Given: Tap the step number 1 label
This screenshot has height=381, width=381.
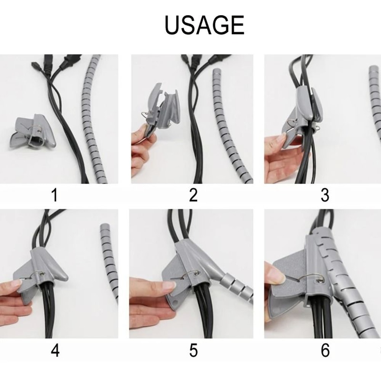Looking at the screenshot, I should (x=54, y=195).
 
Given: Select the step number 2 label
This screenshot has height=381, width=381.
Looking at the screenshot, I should (x=193, y=195).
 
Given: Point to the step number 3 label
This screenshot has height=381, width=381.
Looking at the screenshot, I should (x=325, y=195).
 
